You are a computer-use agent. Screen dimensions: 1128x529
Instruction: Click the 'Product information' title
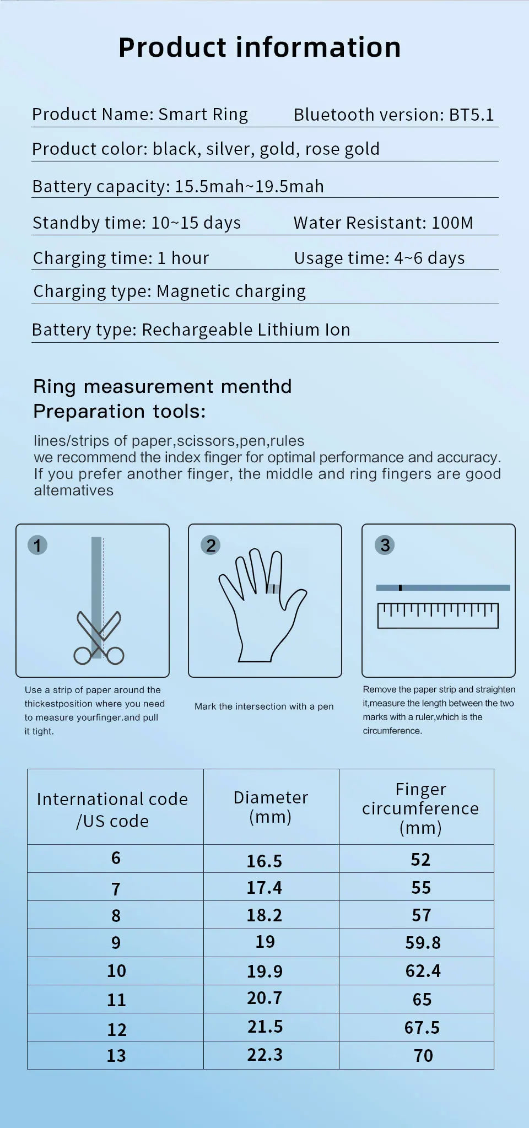260,47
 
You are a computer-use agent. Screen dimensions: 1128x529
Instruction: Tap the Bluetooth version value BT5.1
471,115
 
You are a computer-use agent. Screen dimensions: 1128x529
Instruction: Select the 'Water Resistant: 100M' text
383,223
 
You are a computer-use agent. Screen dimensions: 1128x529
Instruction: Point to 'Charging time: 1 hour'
121,258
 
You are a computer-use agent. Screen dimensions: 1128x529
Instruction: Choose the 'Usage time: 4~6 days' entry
379,258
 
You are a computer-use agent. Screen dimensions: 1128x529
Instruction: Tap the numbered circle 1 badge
37,546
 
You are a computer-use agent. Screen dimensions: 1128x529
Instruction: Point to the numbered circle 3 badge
385,545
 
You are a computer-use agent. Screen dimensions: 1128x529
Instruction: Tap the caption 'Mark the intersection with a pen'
264,706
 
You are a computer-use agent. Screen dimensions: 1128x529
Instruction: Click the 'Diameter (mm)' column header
271,807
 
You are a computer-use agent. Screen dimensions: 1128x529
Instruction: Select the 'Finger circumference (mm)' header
420,808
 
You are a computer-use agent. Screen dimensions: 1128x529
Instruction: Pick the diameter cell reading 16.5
264,861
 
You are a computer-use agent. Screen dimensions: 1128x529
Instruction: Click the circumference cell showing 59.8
423,943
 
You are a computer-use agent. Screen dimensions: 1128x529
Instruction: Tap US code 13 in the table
116,1056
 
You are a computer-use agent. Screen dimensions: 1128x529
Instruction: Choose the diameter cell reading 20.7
264,998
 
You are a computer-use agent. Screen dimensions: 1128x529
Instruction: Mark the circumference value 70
423,1056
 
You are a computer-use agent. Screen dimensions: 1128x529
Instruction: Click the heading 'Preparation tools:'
120,411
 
